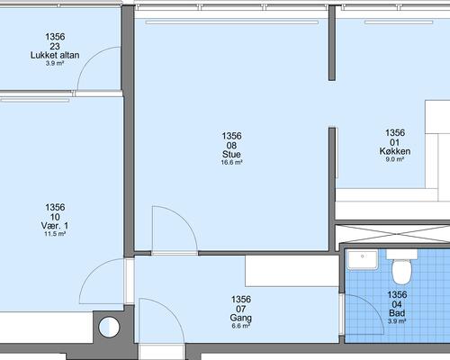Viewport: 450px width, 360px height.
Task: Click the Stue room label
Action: [231, 154]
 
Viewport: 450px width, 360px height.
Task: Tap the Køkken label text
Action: [395, 151]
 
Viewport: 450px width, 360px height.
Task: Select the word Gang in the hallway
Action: [241, 318]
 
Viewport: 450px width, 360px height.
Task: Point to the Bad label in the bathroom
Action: [397, 313]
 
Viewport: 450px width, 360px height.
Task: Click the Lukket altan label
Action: [55, 55]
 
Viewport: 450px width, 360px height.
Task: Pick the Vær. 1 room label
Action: [55, 226]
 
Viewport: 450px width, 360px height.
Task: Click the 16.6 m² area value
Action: [231, 163]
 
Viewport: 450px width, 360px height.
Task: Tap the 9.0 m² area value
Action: [395, 159]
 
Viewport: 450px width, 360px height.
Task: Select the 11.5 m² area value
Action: [55, 234]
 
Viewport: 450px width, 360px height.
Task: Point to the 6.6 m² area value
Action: [241, 326]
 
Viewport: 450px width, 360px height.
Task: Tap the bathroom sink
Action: [362, 260]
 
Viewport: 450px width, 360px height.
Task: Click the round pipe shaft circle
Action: [109, 327]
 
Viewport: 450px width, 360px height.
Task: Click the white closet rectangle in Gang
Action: [292, 271]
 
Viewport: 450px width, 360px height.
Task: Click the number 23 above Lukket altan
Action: [55, 46]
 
